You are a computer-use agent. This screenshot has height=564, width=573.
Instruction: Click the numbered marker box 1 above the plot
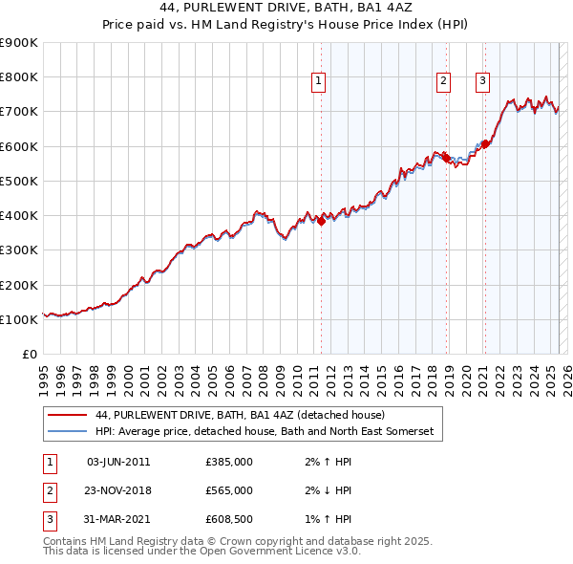pyautogui.click(x=318, y=82)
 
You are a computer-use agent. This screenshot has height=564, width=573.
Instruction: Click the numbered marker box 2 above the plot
pyautogui.click(x=444, y=82)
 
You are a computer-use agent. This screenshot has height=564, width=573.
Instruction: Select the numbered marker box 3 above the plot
pyautogui.click(x=483, y=82)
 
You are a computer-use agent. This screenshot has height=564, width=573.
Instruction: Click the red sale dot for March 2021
pyautogui.click(x=484, y=144)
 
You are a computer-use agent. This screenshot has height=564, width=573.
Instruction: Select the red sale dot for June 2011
pyautogui.click(x=321, y=221)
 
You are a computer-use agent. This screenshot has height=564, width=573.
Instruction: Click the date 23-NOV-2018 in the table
pyautogui.click(x=118, y=490)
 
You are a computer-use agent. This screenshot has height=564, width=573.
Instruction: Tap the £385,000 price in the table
pyautogui.click(x=229, y=462)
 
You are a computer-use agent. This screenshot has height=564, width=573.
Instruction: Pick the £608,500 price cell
pyautogui.click(x=229, y=519)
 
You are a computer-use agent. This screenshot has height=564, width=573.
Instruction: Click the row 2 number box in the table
pyautogui.click(x=48, y=490)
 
